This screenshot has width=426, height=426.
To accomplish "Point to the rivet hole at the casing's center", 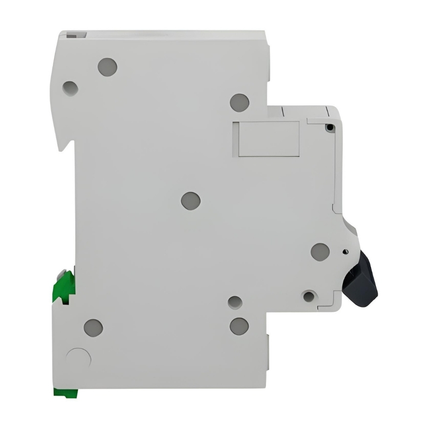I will (x=190, y=200).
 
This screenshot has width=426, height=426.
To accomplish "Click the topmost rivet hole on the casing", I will (x=107, y=67).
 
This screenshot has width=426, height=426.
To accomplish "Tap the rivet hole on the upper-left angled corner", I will (x=70, y=88).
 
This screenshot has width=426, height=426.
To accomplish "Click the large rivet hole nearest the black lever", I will (x=320, y=252).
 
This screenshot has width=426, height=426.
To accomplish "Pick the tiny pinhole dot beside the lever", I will (x=344, y=252).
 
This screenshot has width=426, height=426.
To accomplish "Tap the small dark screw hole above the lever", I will (x=328, y=127).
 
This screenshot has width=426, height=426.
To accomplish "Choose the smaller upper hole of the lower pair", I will (x=234, y=302).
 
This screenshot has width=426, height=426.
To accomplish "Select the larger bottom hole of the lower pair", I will (x=239, y=326).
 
